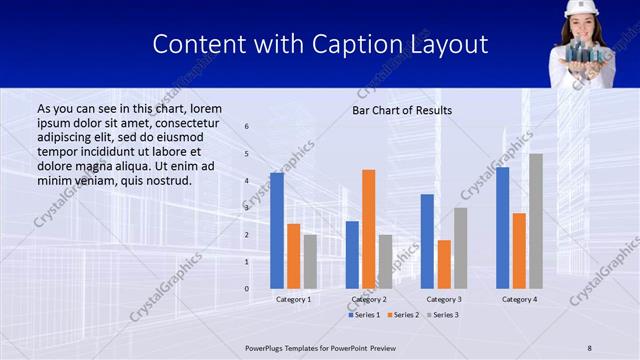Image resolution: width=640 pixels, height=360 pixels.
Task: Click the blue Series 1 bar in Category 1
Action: (x=277, y=231)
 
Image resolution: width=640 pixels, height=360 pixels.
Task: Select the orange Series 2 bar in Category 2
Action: (x=368, y=229)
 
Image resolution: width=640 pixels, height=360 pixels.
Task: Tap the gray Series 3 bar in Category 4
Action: (x=536, y=221)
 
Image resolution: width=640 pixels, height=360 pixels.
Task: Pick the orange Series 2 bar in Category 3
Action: (x=443, y=264)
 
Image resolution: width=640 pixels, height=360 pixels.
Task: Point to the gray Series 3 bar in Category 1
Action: (x=310, y=261)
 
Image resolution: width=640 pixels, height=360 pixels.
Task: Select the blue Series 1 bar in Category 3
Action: (x=427, y=241)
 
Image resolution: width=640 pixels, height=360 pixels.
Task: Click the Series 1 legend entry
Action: (x=364, y=315)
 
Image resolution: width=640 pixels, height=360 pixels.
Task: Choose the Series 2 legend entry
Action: (x=403, y=315)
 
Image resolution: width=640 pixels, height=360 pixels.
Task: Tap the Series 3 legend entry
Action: (x=443, y=315)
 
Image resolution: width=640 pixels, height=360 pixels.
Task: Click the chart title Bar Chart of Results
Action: (x=402, y=110)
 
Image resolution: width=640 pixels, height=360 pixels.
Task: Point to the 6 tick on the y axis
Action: (x=247, y=127)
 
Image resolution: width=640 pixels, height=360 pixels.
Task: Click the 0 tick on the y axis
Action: (x=247, y=289)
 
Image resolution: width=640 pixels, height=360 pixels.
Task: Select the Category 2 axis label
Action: (x=369, y=299)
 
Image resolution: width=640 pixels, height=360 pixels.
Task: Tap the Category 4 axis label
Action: (x=519, y=299)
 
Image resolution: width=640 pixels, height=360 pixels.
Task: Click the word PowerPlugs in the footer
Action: (x=268, y=347)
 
